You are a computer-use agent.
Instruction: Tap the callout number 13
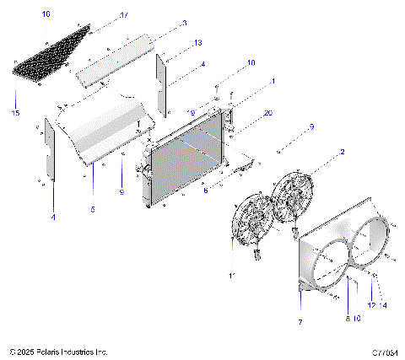[x=197, y=42]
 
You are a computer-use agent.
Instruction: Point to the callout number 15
[x=14, y=113]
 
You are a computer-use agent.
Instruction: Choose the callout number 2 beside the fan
[x=342, y=153]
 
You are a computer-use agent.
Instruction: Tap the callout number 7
[x=300, y=322]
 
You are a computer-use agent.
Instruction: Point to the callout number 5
[x=93, y=208]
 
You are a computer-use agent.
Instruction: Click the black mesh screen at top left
[x=52, y=53]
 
